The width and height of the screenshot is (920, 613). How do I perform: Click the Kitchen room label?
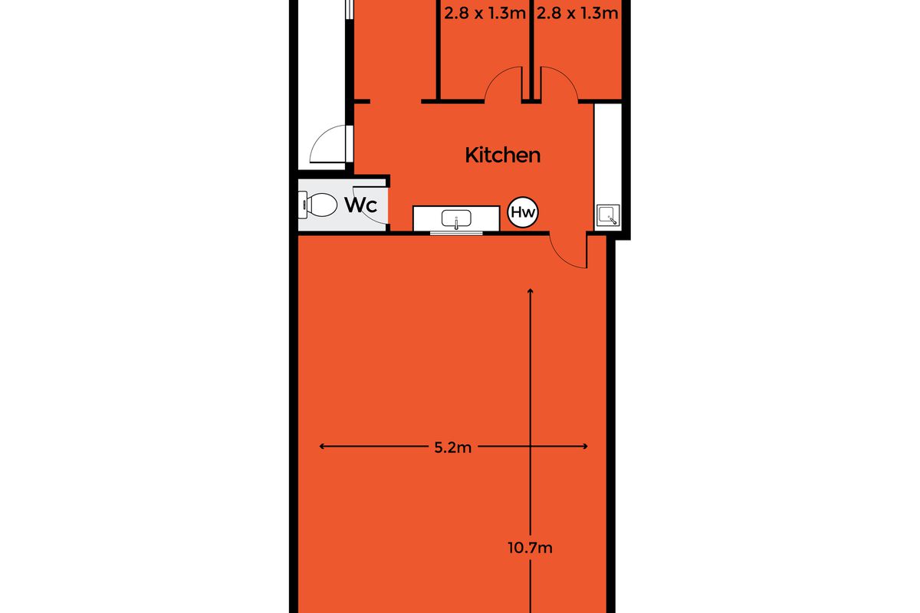pyautogui.click(x=503, y=156)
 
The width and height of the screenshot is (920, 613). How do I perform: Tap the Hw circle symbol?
pyautogui.click(x=523, y=212)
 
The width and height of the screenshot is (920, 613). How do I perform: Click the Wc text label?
pyautogui.click(x=360, y=205)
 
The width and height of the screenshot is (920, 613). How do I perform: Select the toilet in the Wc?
pyautogui.click(x=317, y=205)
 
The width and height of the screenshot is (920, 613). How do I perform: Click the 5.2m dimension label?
pyautogui.click(x=452, y=447)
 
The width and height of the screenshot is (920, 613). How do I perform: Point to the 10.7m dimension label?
pyautogui.click(x=530, y=548)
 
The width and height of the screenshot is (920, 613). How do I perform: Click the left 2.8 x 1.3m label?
pyautogui.click(x=485, y=14)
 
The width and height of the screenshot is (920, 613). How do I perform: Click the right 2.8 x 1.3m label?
pyautogui.click(x=577, y=14)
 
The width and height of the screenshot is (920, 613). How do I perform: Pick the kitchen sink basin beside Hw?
pyautogui.click(x=456, y=218)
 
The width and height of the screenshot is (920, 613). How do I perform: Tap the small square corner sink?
pyautogui.click(x=608, y=215)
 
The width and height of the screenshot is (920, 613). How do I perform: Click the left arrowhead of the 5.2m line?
pyautogui.click(x=321, y=446)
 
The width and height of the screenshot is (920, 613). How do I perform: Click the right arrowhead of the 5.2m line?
pyautogui.click(x=586, y=446)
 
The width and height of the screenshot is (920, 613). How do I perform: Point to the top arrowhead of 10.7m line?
pyautogui.click(x=531, y=291)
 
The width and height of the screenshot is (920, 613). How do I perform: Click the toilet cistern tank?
pyautogui.click(x=303, y=205)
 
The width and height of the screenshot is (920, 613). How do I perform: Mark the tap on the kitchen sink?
pyautogui.click(x=456, y=222)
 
